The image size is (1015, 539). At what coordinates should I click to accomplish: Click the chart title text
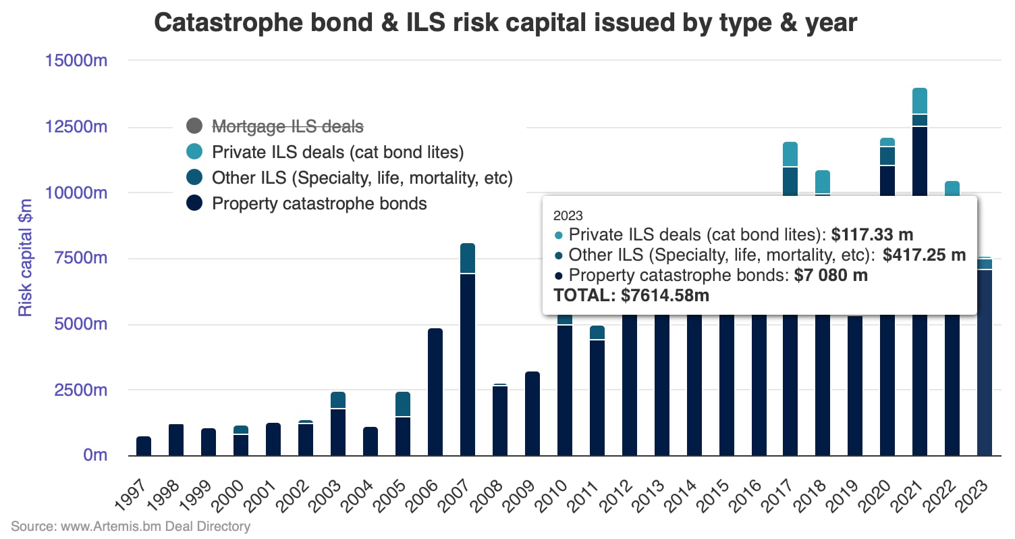click(x=505, y=23)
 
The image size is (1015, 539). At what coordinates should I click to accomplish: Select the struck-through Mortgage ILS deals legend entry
click(x=287, y=126)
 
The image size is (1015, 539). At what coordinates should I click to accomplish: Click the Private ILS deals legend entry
click(x=337, y=152)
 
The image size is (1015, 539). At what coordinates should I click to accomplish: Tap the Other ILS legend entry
click(x=362, y=178)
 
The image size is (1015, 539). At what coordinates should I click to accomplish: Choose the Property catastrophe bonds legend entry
click(x=319, y=203)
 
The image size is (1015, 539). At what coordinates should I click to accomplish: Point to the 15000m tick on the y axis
click(x=76, y=61)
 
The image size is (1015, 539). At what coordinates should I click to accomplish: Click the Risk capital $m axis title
click(x=25, y=257)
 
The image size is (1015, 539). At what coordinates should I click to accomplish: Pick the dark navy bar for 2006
click(x=435, y=392)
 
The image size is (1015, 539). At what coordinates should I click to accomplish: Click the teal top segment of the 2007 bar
click(x=468, y=258)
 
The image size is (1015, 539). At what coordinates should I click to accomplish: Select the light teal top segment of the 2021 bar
click(x=920, y=101)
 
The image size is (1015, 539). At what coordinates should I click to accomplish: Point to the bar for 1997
click(x=144, y=446)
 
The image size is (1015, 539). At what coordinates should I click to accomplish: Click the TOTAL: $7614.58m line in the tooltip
click(x=631, y=295)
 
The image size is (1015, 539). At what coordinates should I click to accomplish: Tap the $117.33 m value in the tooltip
click(x=872, y=234)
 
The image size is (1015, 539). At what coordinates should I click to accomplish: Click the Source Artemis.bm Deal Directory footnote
click(x=130, y=526)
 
